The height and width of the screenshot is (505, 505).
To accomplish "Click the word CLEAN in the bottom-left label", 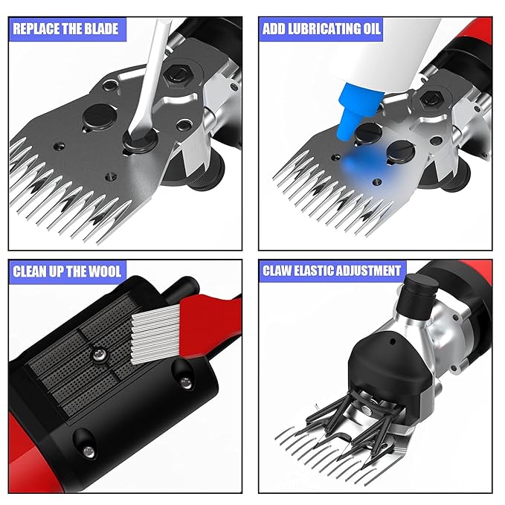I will click(x=30, y=270).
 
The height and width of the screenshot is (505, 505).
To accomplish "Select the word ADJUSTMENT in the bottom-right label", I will click(x=366, y=270).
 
